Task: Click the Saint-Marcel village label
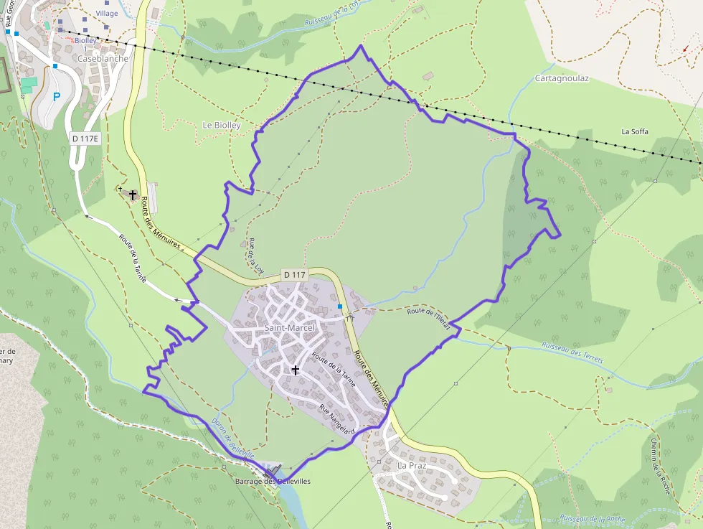point(290,328)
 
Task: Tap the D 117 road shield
point(294,274)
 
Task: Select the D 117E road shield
point(85,138)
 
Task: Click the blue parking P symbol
point(57,97)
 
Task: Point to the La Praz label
point(412,465)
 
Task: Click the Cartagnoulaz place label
point(562,78)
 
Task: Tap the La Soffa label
point(634,131)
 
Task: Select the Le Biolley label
point(222,125)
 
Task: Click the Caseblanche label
point(103,59)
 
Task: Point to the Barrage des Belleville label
point(273,482)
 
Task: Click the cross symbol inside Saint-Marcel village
point(295,370)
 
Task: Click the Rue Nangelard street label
point(337,418)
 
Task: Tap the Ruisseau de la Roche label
point(592,518)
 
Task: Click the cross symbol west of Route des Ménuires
point(133,195)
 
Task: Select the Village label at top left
point(106,14)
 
